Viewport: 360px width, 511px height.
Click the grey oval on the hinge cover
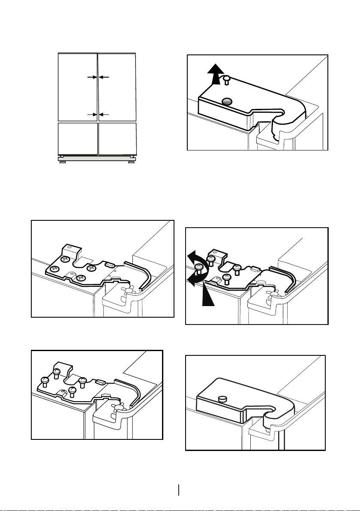(x=228, y=101)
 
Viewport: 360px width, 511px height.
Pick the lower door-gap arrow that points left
(x=104, y=115)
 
